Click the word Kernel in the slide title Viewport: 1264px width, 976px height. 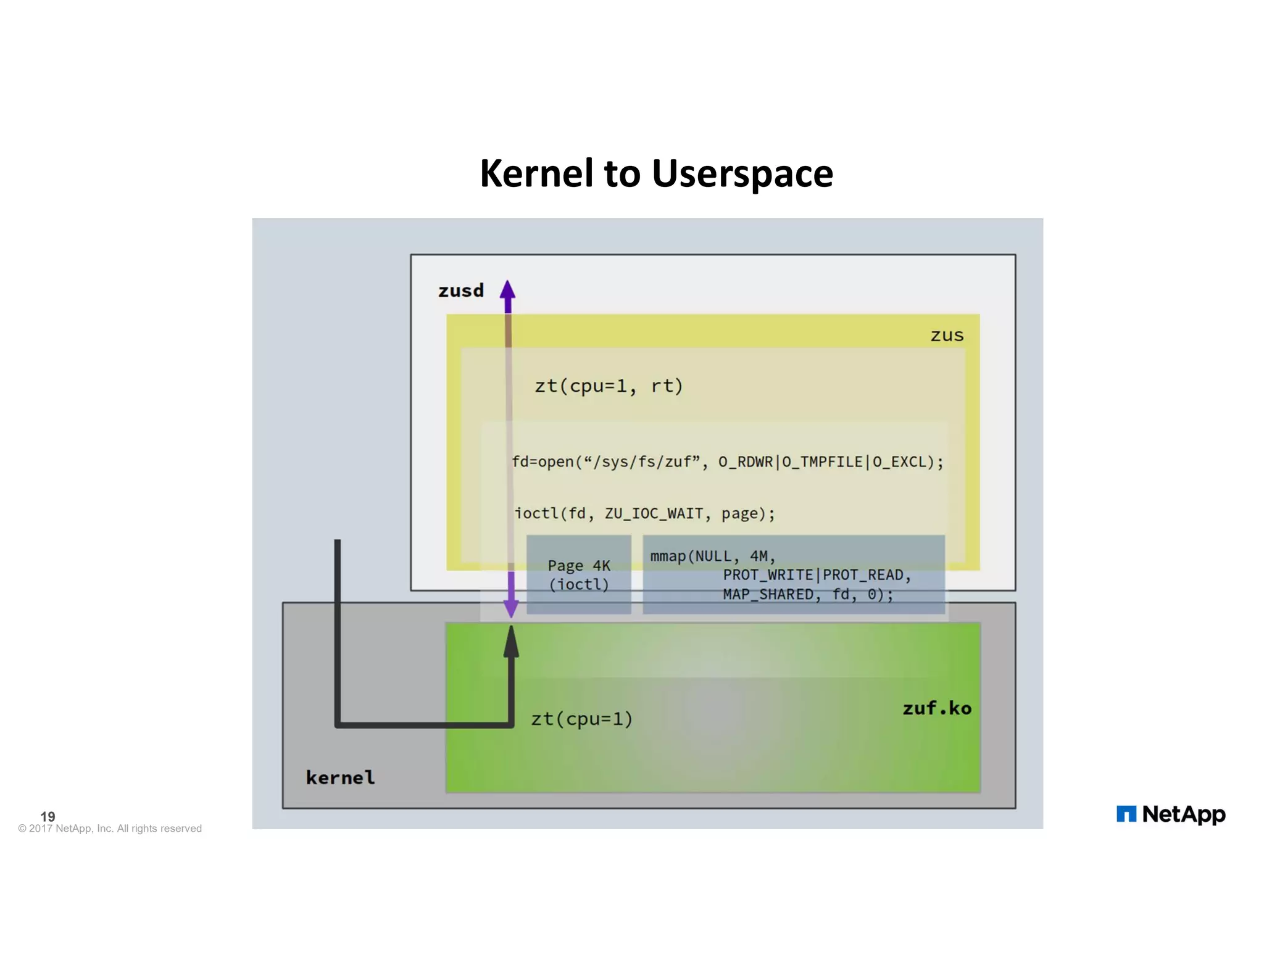536,173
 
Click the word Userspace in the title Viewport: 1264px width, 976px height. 742,175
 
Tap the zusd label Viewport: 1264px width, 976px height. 460,291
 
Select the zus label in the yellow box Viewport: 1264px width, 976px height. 946,336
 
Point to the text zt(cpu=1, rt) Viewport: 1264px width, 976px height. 609,386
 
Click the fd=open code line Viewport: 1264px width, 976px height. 727,462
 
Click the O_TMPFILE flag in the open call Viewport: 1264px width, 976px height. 822,462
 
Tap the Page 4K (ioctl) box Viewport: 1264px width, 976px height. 578,574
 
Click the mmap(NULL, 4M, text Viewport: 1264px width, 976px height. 712,556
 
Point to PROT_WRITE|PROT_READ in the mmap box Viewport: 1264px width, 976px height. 817,575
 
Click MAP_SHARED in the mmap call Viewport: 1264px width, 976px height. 768,594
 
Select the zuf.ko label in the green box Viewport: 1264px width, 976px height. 936,708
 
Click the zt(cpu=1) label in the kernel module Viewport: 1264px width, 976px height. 581,719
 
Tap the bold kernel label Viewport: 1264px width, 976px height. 340,777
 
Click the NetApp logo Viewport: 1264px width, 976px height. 1170,814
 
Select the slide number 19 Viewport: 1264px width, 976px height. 48,816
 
